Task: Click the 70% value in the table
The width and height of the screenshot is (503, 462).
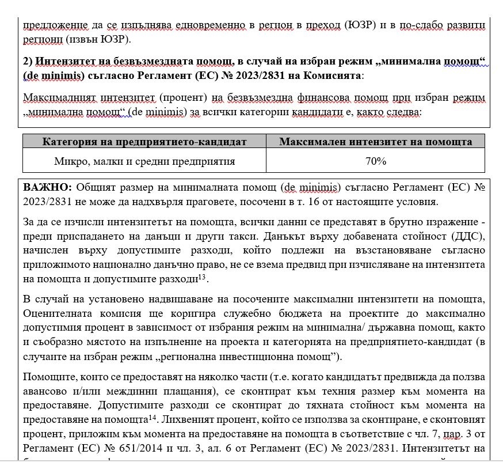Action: point(375,161)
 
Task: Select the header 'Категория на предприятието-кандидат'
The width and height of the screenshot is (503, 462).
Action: point(144,142)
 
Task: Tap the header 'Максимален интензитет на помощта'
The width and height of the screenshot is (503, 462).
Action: point(375,142)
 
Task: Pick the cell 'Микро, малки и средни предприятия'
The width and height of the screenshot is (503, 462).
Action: point(144,161)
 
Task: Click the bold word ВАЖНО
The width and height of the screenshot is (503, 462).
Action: point(47,188)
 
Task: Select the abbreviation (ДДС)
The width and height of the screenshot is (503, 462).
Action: point(468,237)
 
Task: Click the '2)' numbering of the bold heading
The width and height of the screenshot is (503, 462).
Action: point(29,62)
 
